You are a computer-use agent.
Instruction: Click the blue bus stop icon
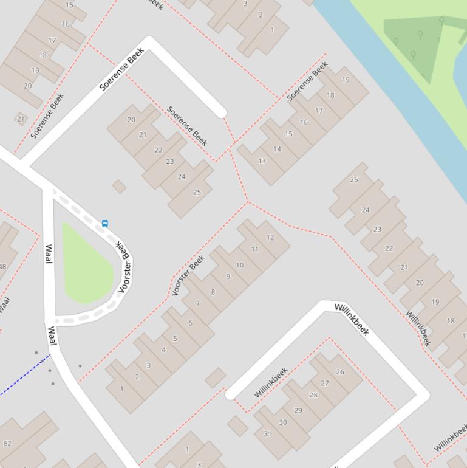click(105, 224)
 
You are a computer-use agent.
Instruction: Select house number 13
click(262, 161)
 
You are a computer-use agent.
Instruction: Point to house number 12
click(270, 238)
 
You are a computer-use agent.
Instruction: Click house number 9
click(228, 277)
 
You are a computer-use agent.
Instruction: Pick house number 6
click(190, 323)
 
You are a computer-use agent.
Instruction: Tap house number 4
click(163, 349)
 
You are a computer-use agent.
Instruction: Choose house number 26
click(339, 372)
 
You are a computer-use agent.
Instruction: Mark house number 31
click(268, 433)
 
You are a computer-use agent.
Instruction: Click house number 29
click(298, 410)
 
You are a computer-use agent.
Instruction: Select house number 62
click(7, 443)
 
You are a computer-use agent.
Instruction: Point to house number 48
click(3, 266)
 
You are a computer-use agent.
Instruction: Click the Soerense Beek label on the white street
click(122, 69)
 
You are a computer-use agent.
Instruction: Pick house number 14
click(277, 149)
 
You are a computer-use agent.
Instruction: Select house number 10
click(240, 264)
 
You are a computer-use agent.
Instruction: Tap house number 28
click(313, 395)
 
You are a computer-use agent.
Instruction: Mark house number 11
click(254, 249)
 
